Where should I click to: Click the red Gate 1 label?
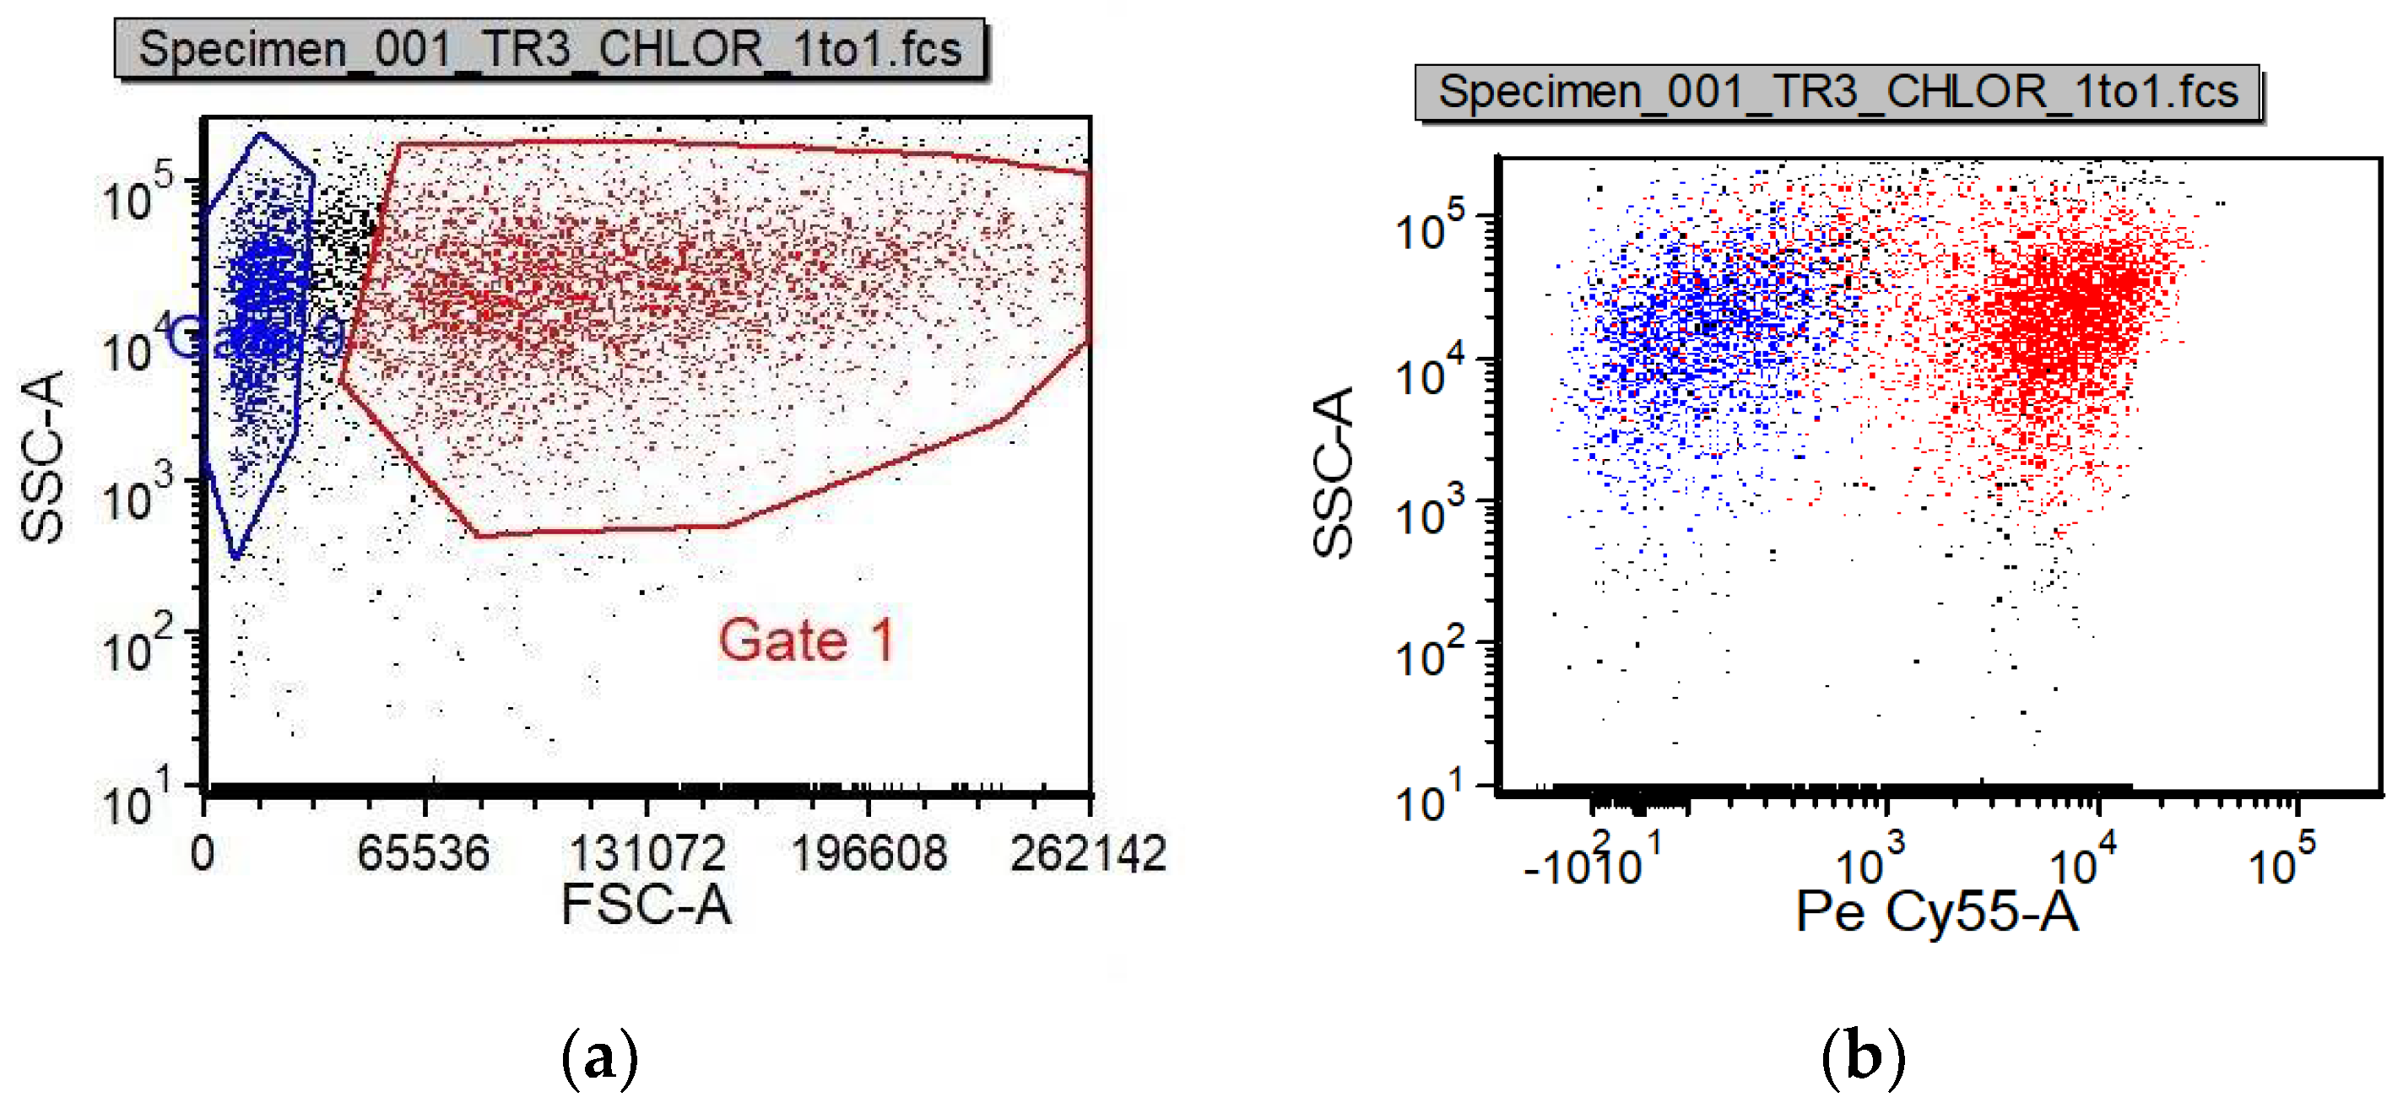click(806, 640)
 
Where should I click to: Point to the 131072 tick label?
click(647, 853)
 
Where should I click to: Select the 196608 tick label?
click(869, 853)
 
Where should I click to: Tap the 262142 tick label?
click(1088, 853)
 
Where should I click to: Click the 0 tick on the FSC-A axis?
click(203, 853)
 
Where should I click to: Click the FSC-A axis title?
click(647, 904)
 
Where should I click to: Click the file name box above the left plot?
click(549, 48)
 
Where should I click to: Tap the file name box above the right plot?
click(1837, 92)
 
